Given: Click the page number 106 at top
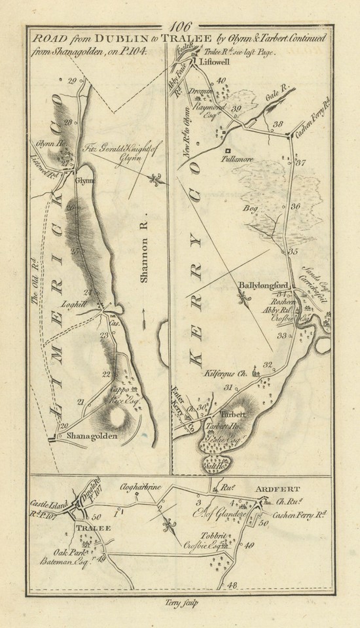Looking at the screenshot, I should coord(178,27).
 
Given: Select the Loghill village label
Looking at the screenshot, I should coord(88,304).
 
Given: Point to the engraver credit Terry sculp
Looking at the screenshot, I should coord(179,602).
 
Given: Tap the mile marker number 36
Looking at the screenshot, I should coord(295,207).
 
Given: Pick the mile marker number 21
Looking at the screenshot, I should coord(81,401).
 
